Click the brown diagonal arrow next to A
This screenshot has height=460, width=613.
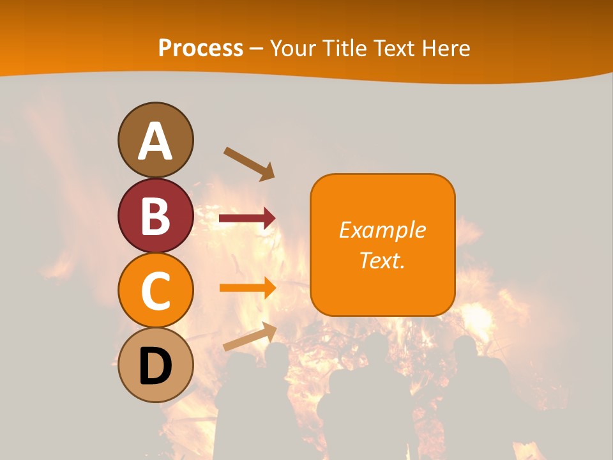tap(249, 162)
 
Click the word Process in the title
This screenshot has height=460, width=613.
tap(201, 49)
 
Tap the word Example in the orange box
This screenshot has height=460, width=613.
tap(382, 230)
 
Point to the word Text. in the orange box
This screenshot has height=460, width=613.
tap(382, 260)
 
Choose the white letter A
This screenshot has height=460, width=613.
tap(156, 142)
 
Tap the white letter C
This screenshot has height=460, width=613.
tap(156, 291)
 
